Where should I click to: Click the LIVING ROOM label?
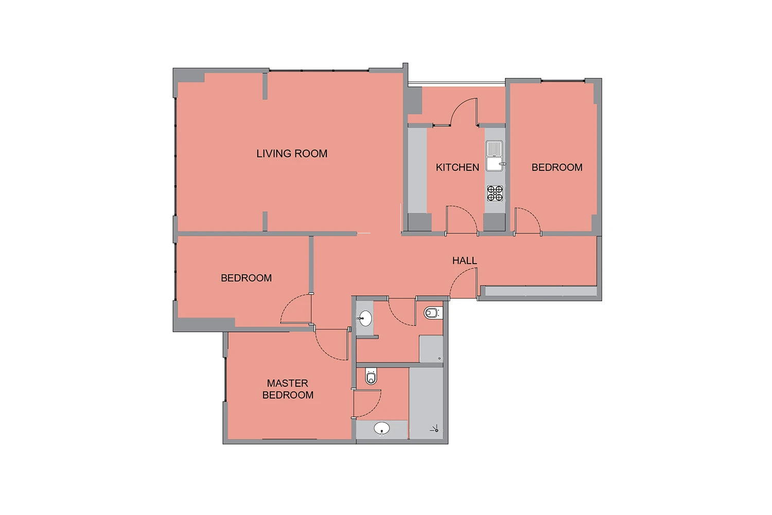(x=292, y=153)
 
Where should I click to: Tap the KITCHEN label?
(x=458, y=167)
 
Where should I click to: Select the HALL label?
(x=465, y=261)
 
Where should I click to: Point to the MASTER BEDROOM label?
(x=288, y=389)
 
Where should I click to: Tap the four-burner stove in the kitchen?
(x=495, y=193)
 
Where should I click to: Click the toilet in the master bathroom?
(x=371, y=376)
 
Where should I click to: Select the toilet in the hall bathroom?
(x=433, y=313)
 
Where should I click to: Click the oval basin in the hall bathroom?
(x=365, y=318)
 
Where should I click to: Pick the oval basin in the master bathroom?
(x=381, y=429)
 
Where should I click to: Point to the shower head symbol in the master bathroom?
(x=434, y=429)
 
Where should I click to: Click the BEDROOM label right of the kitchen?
(x=557, y=167)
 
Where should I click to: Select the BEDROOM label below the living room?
(x=246, y=278)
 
